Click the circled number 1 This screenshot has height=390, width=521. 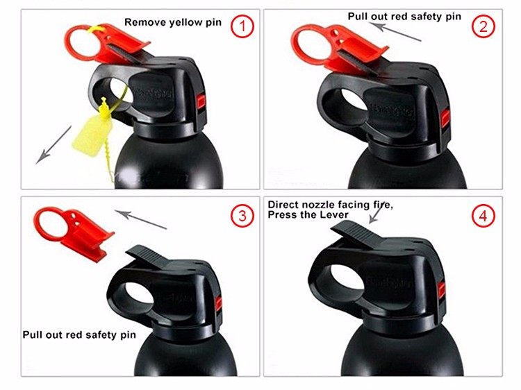coord(242,27)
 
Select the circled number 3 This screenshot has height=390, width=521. coord(242,216)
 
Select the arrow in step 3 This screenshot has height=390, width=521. coord(141,217)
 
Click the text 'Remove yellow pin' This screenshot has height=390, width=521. coord(173,22)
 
